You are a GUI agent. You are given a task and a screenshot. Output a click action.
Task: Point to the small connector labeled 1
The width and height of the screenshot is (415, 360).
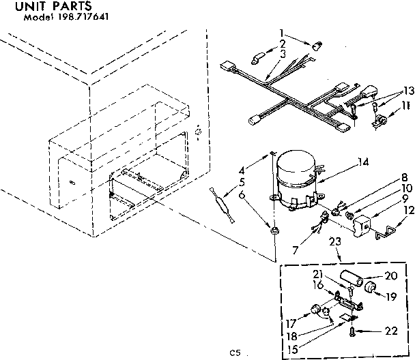(x=316, y=46)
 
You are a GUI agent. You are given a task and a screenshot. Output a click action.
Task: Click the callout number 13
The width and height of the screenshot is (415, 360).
(x=407, y=91)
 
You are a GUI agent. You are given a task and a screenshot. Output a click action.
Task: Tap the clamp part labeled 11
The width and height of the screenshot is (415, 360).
(x=379, y=121)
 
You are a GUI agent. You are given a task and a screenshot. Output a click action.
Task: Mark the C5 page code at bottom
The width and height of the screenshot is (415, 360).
(x=235, y=353)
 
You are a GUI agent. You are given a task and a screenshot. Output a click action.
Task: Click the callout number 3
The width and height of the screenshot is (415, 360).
(x=281, y=52)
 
